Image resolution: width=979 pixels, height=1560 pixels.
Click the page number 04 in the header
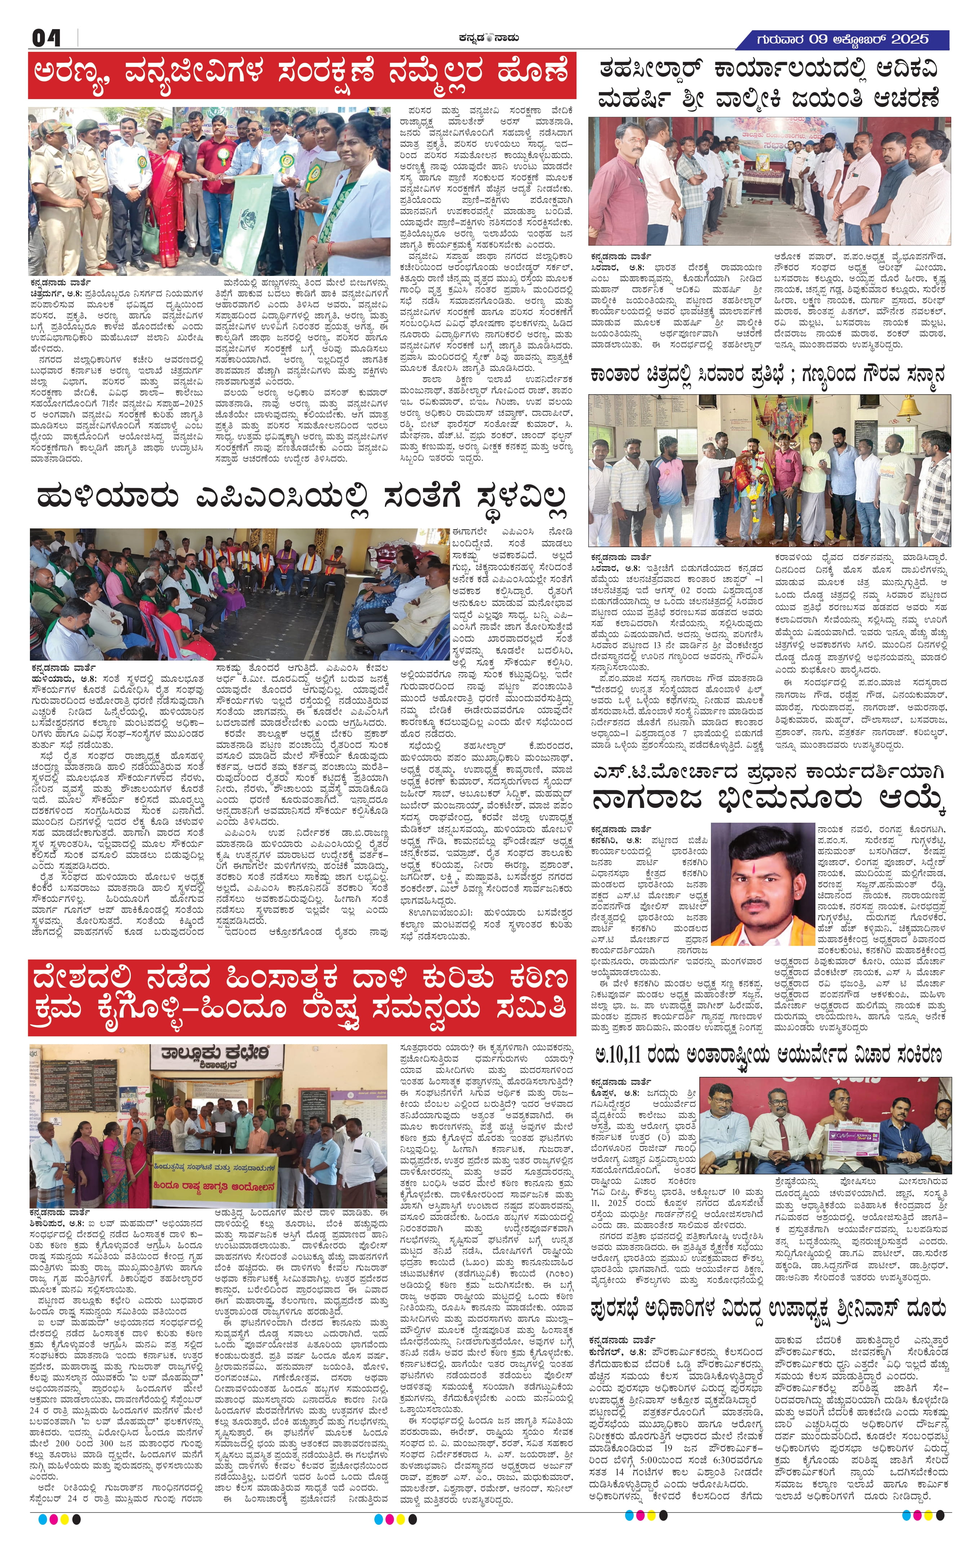click(x=46, y=38)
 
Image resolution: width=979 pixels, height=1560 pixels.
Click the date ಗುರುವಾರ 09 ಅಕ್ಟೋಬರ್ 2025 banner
click(x=842, y=40)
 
